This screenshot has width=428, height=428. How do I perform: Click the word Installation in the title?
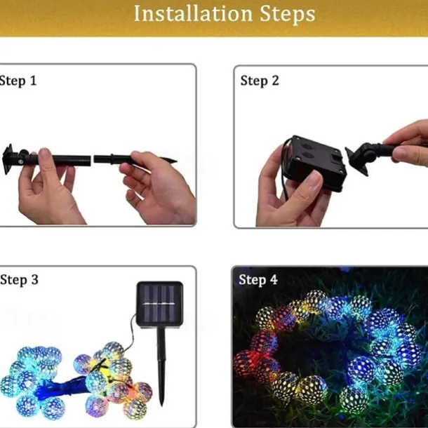(193, 13)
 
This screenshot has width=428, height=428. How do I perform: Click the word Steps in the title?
(288, 14)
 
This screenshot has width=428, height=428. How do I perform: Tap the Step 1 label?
(18, 81)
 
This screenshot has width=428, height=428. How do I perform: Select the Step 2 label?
(260, 81)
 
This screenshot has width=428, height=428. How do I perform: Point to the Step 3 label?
(19, 280)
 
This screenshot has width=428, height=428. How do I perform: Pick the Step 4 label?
(258, 280)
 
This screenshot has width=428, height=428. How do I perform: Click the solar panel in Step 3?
(160, 305)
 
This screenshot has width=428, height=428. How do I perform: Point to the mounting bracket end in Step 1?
(8, 159)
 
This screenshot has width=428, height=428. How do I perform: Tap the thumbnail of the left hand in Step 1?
(44, 155)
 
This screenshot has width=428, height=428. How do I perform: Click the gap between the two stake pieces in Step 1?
(92, 159)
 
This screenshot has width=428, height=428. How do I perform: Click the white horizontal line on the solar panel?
(159, 304)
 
